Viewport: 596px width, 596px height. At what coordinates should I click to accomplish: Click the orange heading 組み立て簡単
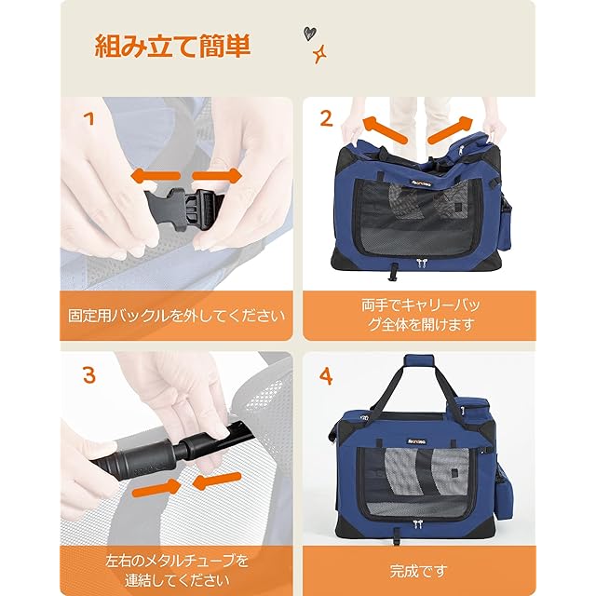[171, 46]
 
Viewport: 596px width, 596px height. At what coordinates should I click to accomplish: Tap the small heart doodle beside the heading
[310, 34]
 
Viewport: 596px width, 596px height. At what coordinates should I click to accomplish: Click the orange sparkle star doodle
[319, 54]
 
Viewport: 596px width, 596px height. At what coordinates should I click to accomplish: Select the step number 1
[89, 118]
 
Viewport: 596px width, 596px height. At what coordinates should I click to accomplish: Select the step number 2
[326, 118]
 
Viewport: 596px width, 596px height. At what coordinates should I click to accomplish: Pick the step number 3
[89, 374]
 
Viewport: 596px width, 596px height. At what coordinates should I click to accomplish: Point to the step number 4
[326, 376]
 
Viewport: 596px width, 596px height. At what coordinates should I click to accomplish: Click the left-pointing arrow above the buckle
[156, 176]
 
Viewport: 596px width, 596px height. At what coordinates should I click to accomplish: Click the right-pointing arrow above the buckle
[217, 176]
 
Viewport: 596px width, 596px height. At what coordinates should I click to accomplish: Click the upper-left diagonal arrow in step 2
[385, 130]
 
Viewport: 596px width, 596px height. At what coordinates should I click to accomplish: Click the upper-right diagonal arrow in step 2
[451, 130]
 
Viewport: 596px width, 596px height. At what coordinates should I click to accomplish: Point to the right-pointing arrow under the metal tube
[156, 489]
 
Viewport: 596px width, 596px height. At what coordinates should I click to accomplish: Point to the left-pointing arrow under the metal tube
[217, 481]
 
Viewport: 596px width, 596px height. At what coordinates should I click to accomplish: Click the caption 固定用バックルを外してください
[176, 316]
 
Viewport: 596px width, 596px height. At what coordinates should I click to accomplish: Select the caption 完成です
[418, 571]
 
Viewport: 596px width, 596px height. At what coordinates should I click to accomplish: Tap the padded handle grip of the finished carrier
[419, 360]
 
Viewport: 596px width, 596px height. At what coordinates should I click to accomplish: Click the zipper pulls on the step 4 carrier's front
[418, 524]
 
